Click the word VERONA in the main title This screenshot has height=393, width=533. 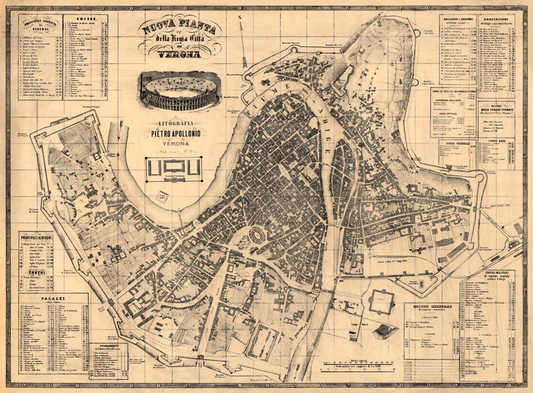click(179, 54)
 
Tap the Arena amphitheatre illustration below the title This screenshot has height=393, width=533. click(179, 92)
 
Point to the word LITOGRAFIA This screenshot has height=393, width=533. click(175, 123)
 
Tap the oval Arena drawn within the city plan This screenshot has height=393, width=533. click(257, 234)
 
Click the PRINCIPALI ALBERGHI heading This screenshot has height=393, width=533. click(36, 237)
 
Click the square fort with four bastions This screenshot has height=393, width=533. click(381, 301)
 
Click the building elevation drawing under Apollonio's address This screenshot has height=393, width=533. click(173, 168)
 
